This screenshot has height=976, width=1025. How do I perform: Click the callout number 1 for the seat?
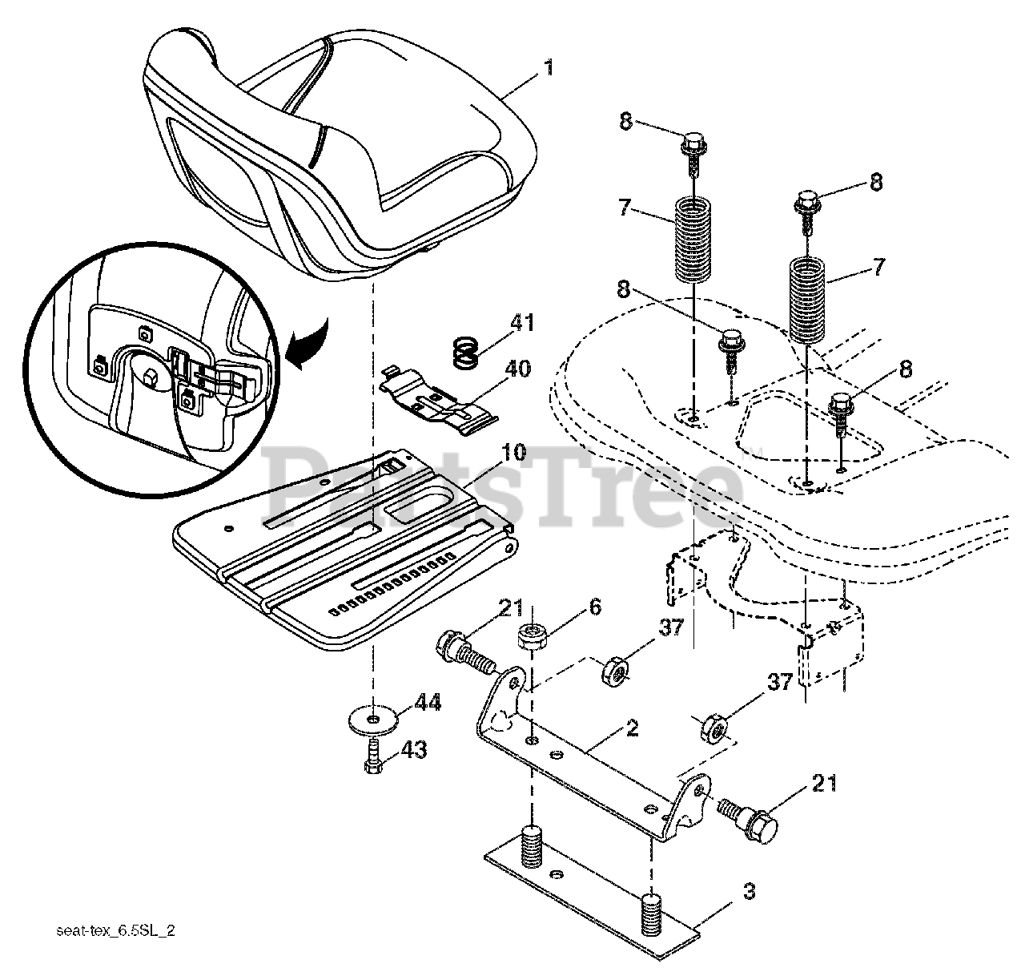[549, 68]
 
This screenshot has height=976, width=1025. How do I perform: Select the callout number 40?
[517, 369]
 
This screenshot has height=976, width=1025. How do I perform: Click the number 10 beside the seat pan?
[513, 452]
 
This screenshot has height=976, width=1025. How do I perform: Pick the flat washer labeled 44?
[373, 719]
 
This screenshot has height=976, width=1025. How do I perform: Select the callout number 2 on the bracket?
[632, 728]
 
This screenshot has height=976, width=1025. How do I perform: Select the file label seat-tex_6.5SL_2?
[116, 931]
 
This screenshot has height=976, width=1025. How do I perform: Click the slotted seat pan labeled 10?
[344, 553]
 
